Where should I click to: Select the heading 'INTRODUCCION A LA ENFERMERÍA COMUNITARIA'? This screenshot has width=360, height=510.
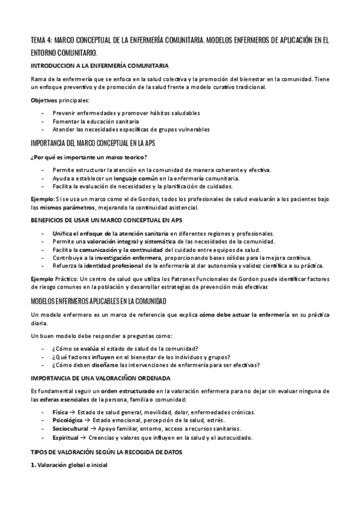click(100, 65)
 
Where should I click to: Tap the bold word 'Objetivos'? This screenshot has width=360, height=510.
click(44, 100)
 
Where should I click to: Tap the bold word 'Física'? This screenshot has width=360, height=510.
click(61, 412)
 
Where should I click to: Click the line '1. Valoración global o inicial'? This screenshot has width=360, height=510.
click(69, 464)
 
